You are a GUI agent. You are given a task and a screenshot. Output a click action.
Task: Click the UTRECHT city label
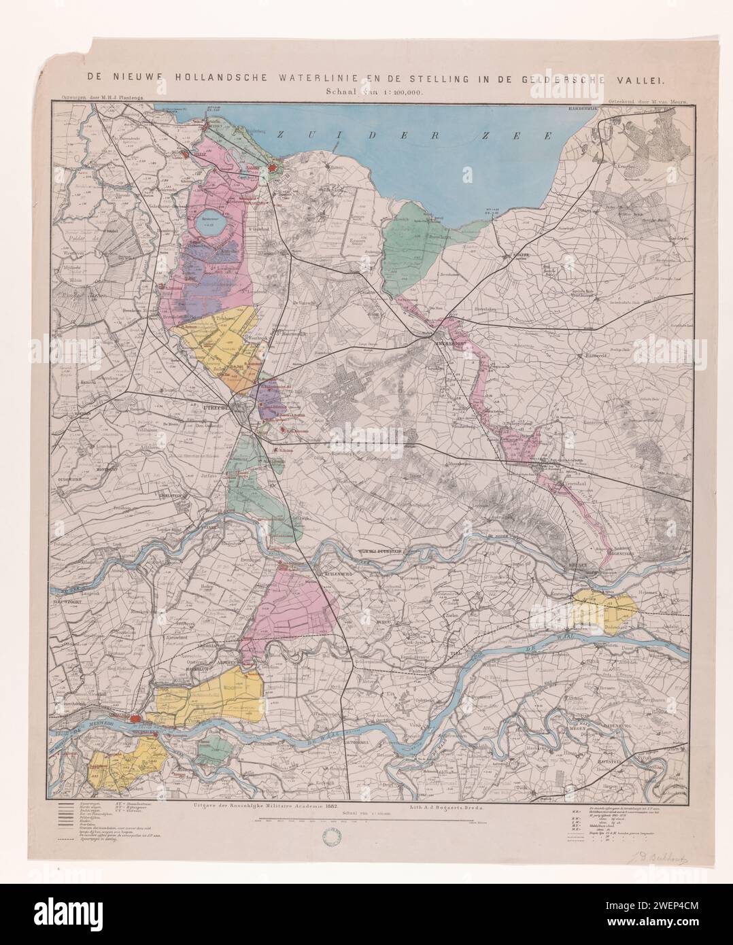[219, 407]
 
